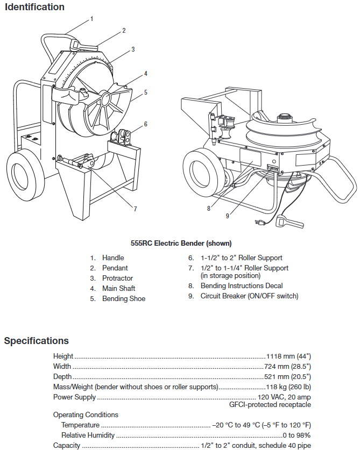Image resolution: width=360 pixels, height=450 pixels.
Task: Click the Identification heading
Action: coord(34,7)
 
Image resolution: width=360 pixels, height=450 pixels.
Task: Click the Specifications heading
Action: coord(36,341)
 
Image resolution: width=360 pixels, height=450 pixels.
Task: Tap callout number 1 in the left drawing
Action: coord(91,19)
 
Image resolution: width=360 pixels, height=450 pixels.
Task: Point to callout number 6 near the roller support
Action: coord(145,124)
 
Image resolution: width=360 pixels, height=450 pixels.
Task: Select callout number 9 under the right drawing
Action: coord(227,216)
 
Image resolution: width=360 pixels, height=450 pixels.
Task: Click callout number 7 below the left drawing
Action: coord(135,209)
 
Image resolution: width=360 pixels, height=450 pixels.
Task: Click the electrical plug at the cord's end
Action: coord(259,223)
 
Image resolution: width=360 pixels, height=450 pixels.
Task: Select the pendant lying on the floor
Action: coord(290,222)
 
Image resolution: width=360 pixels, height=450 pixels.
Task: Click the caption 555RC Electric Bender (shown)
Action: coord(181,244)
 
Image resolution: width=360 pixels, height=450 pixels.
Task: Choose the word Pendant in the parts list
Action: coord(115,268)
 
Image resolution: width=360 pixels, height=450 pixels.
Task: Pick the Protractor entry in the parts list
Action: coord(117,278)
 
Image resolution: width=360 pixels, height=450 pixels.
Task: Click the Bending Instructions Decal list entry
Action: coord(242,286)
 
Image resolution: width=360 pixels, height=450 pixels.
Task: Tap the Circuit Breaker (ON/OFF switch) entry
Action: coord(249,296)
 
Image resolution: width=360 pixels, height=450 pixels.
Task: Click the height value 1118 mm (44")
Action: coord(288,356)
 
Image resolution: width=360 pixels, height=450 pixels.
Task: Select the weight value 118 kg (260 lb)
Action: coord(288,387)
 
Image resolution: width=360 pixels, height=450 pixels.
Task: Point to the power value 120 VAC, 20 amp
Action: coord(284,397)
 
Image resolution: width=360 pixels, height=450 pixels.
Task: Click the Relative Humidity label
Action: coord(88,435)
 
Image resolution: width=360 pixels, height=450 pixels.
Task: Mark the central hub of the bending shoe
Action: coord(105,98)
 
